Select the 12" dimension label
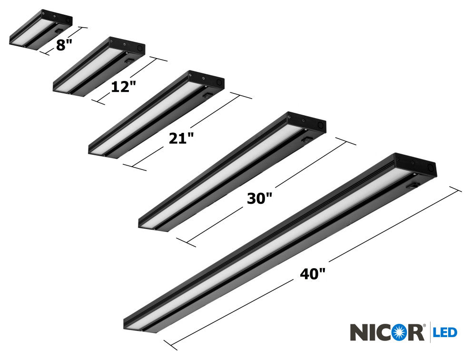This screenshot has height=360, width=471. coord(124,86)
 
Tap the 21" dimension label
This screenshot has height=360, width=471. coord(181,138)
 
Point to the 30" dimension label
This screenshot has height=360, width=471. coord(259,199)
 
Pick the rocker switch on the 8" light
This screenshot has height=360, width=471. coord(59,30)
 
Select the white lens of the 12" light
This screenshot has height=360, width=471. coord(90,69)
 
